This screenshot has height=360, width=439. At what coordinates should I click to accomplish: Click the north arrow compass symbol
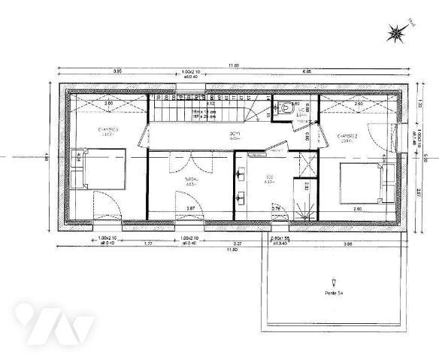[x=396, y=32]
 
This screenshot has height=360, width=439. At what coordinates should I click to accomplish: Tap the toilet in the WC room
[x=287, y=108]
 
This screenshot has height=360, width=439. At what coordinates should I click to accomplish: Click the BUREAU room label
[x=192, y=180]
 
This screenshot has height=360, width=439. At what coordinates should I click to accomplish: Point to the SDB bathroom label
[x=268, y=180]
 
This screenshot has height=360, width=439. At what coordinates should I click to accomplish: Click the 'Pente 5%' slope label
[x=334, y=292]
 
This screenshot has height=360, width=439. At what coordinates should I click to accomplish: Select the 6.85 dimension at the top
[x=307, y=71]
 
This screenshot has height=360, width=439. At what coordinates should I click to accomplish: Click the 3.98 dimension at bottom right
[x=347, y=244]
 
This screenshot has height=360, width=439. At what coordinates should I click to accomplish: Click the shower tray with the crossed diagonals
[x=306, y=164]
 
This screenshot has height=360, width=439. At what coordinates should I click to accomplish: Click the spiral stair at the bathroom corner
[x=304, y=208]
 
